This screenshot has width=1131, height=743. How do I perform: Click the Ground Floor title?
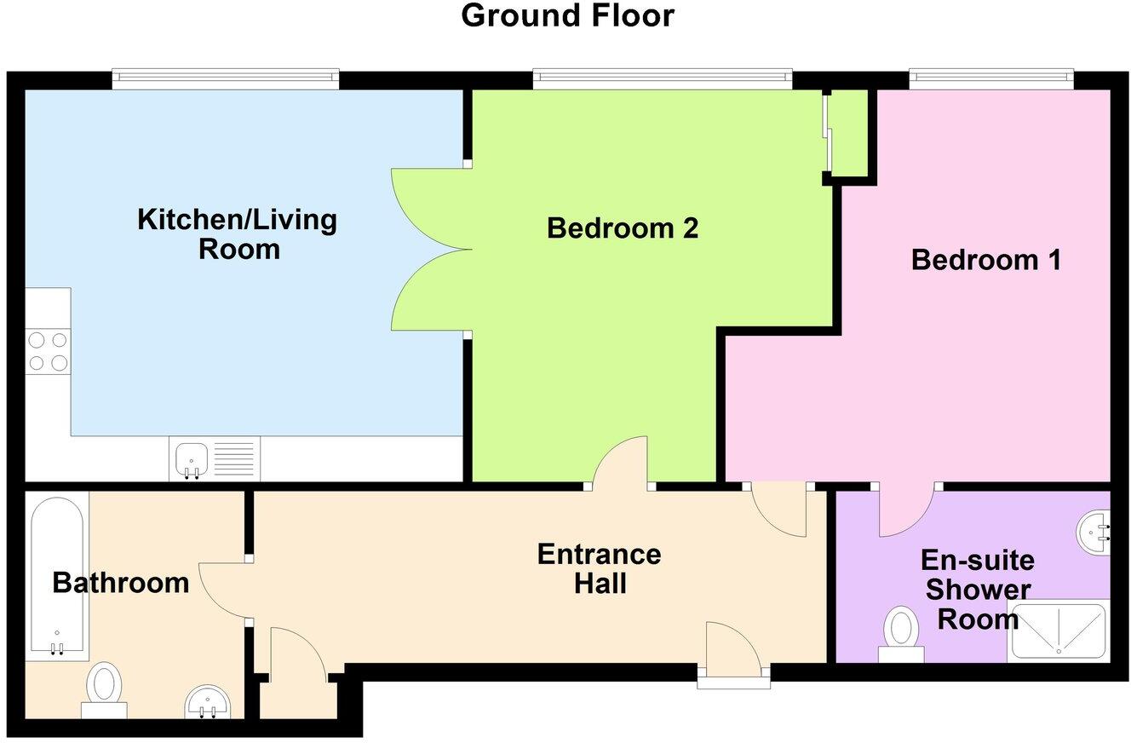pyautogui.click(x=567, y=16)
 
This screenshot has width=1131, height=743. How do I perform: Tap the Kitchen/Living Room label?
pyautogui.click(x=238, y=234)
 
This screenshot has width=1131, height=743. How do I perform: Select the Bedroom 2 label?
pyautogui.click(x=623, y=228)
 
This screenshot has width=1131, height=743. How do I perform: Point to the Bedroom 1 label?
pyautogui.click(x=986, y=260)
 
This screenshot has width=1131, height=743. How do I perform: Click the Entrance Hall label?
pyautogui.click(x=600, y=568)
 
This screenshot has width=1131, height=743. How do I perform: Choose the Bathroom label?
pyautogui.click(x=120, y=584)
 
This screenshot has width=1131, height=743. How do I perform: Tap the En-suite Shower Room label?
pyautogui.click(x=978, y=590)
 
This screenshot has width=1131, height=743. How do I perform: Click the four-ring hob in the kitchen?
pyautogui.click(x=48, y=351)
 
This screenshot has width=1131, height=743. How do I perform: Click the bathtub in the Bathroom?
pyautogui.click(x=57, y=576)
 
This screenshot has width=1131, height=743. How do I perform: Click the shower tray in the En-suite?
pyautogui.click(x=1059, y=631)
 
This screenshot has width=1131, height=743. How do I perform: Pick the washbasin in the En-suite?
pyautogui.click(x=1095, y=533)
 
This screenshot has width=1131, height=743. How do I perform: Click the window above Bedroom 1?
pyautogui.click(x=990, y=79)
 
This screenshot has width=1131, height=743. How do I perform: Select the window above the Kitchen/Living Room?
pyautogui.click(x=226, y=79)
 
